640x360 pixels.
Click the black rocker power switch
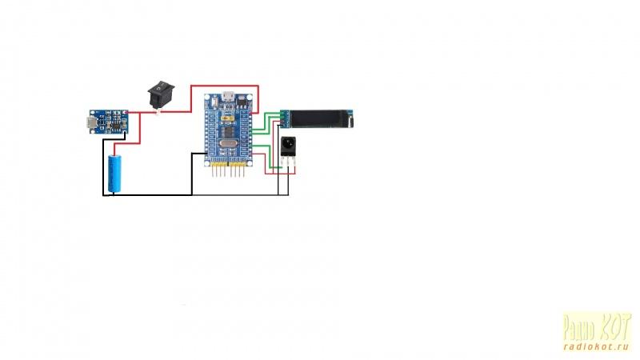coord(159,94)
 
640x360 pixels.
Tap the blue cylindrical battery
coord(116,174)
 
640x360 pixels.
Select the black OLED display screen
coord(319,119)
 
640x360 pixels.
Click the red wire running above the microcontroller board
coord(225,86)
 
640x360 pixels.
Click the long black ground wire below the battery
coord(148,194)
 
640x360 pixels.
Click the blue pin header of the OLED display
coord(283,119)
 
